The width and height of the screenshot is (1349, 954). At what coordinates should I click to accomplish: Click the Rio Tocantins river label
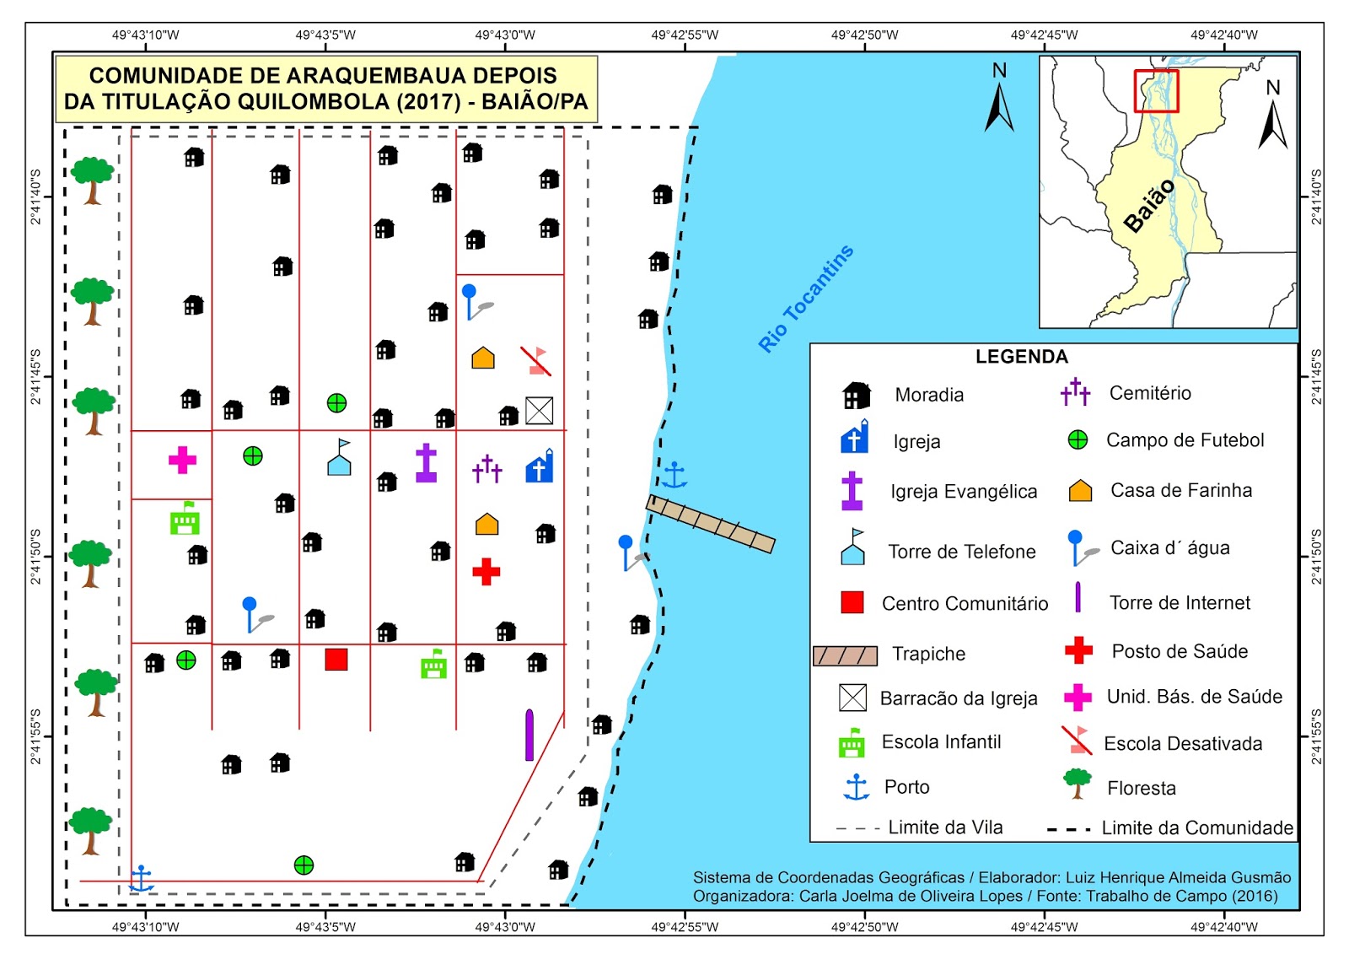(x=806, y=299)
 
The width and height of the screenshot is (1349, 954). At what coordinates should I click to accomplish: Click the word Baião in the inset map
(x=1148, y=206)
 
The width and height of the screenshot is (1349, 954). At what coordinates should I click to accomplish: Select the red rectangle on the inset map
(x=1156, y=91)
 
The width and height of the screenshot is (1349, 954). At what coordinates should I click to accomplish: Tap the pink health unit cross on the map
(x=182, y=460)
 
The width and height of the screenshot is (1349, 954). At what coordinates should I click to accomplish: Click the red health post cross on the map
(x=486, y=571)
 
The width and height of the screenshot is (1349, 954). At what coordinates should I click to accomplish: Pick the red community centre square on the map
(x=336, y=659)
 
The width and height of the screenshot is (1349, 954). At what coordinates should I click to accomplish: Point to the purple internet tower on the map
(x=529, y=735)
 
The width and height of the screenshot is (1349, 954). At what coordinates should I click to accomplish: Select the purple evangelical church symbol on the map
(x=427, y=463)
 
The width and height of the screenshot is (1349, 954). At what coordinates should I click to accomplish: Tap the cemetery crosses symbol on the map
(x=486, y=468)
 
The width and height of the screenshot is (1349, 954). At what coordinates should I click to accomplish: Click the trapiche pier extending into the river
(x=710, y=524)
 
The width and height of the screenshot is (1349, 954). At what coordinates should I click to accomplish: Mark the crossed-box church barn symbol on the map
(x=539, y=411)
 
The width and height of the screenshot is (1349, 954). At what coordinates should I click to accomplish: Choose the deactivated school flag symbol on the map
(x=536, y=361)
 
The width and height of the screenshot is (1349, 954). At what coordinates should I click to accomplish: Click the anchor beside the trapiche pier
(x=674, y=476)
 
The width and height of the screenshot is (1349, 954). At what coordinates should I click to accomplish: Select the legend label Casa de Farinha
(x=1180, y=490)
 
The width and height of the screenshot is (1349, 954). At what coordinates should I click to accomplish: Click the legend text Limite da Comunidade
(x=1197, y=827)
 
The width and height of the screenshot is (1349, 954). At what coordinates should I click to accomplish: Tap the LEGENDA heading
(x=1021, y=357)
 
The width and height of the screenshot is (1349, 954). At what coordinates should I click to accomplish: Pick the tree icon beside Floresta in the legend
(x=1078, y=784)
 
